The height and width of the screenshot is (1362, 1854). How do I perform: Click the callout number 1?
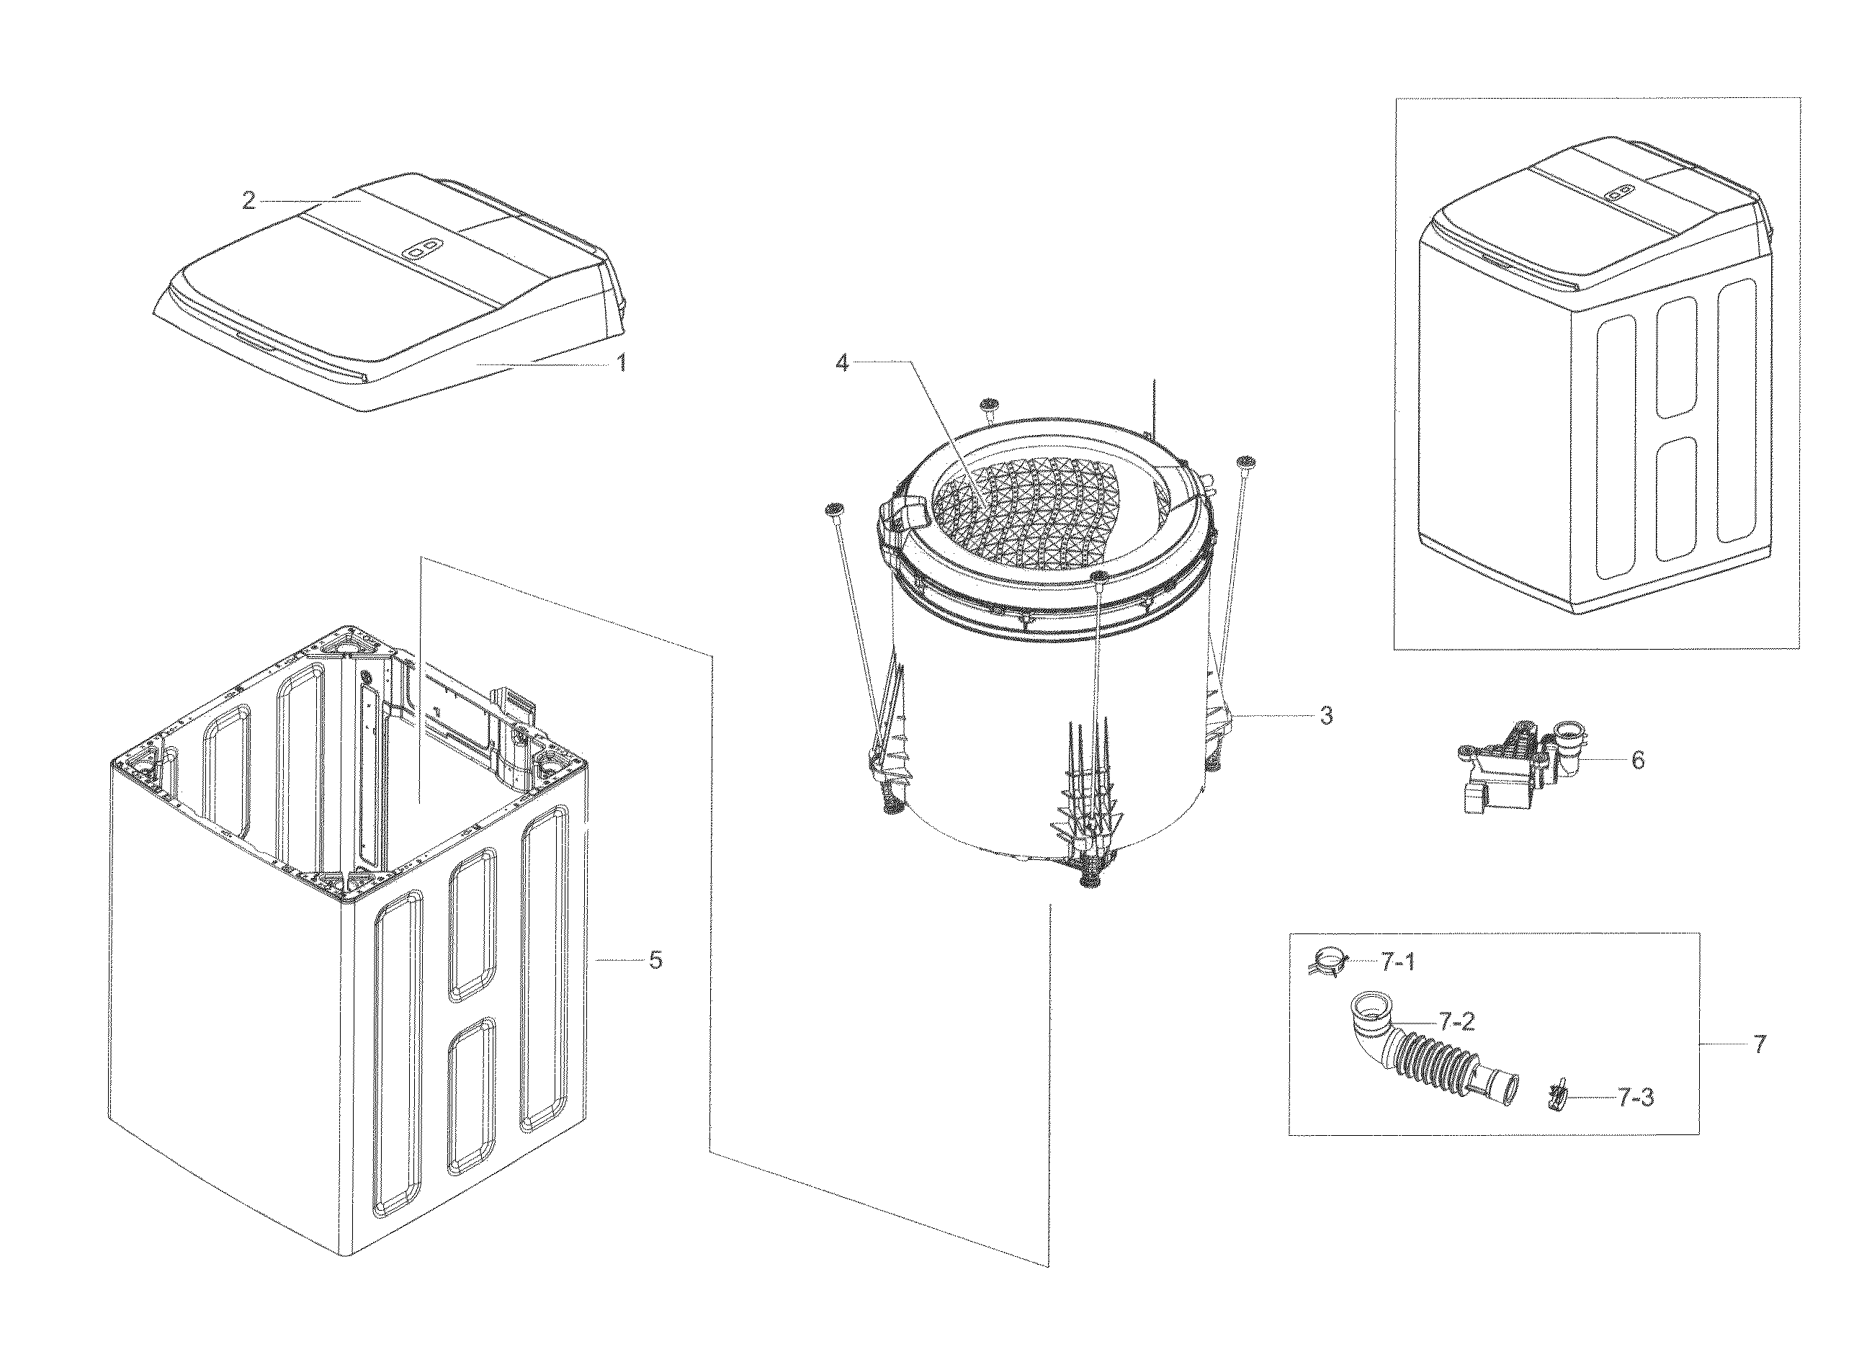click(622, 362)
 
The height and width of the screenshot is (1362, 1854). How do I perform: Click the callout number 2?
click(248, 200)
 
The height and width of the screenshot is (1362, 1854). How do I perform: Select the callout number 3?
click(1325, 717)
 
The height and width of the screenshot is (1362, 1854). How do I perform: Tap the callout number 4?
click(842, 362)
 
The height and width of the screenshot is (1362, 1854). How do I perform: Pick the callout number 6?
click(1637, 760)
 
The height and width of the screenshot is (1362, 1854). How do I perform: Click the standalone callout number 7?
click(1759, 1044)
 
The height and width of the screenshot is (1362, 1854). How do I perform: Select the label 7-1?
click(1397, 962)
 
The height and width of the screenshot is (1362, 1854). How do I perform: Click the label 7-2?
click(1456, 1021)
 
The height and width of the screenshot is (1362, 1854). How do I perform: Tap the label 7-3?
click(1636, 1098)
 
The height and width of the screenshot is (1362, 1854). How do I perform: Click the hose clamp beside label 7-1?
click(1327, 961)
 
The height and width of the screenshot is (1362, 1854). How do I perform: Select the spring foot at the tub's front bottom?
click(1092, 879)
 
